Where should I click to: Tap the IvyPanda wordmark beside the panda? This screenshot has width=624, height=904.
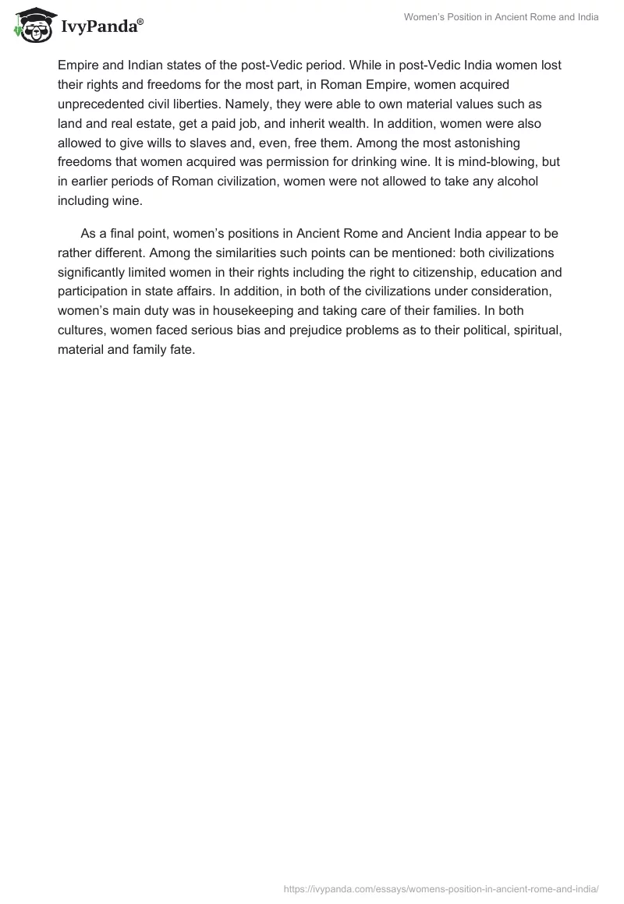101,27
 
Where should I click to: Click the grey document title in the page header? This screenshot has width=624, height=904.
501,17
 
